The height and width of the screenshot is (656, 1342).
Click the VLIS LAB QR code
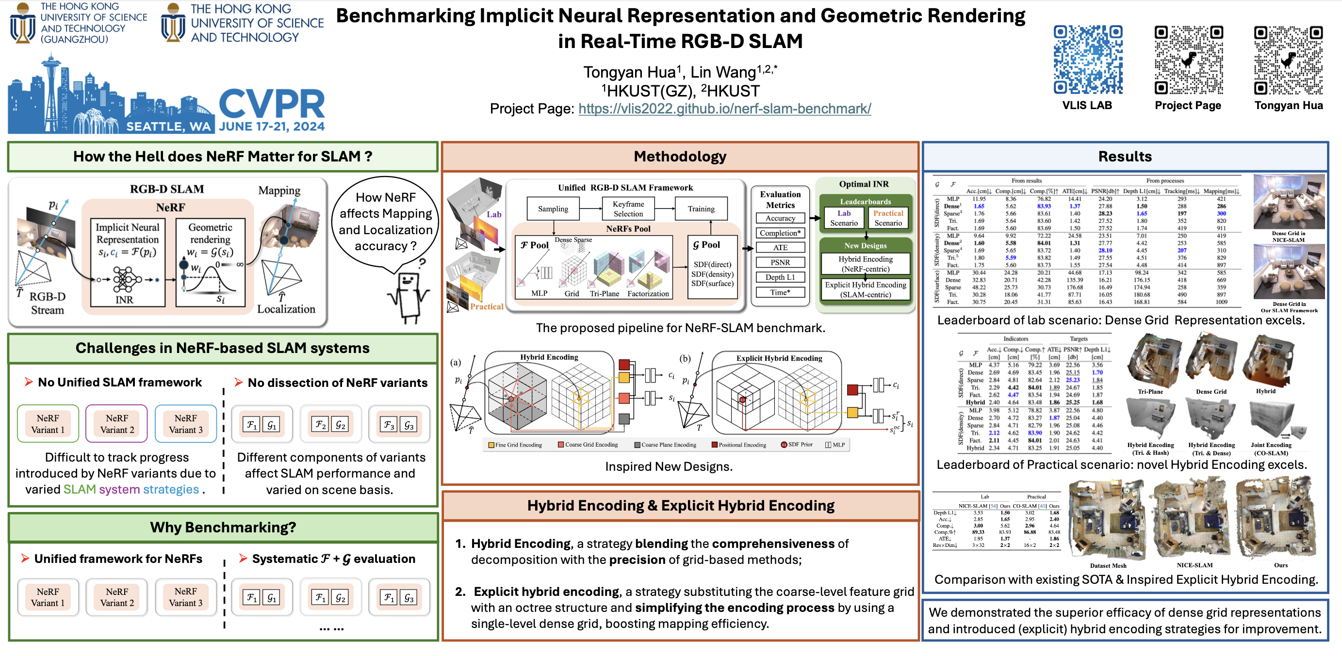coord(1088,60)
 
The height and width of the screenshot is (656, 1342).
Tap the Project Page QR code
coord(1188,60)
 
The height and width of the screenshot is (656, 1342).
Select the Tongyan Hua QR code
coord(1288,60)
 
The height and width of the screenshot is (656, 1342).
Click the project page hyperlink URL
coord(724,109)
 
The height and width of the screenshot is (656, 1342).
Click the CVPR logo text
coord(272,104)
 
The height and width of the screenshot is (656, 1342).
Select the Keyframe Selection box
coord(628,209)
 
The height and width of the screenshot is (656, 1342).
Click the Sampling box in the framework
coord(553,209)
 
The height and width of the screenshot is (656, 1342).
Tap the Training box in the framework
coord(701,209)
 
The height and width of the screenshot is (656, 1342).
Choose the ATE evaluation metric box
coord(780,248)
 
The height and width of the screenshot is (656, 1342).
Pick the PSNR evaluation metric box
coord(780,262)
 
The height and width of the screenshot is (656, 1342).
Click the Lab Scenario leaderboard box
coord(844,218)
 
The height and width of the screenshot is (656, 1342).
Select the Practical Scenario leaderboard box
coord(888,218)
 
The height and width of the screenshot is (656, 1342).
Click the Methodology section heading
coord(680,157)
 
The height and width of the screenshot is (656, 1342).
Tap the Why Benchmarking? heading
coord(223,528)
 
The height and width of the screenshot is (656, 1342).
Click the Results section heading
coord(1125,157)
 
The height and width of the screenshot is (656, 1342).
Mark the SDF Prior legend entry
coord(797,445)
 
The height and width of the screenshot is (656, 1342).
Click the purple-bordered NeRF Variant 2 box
coord(117,424)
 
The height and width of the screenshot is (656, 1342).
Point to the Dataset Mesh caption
coord(1108,566)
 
